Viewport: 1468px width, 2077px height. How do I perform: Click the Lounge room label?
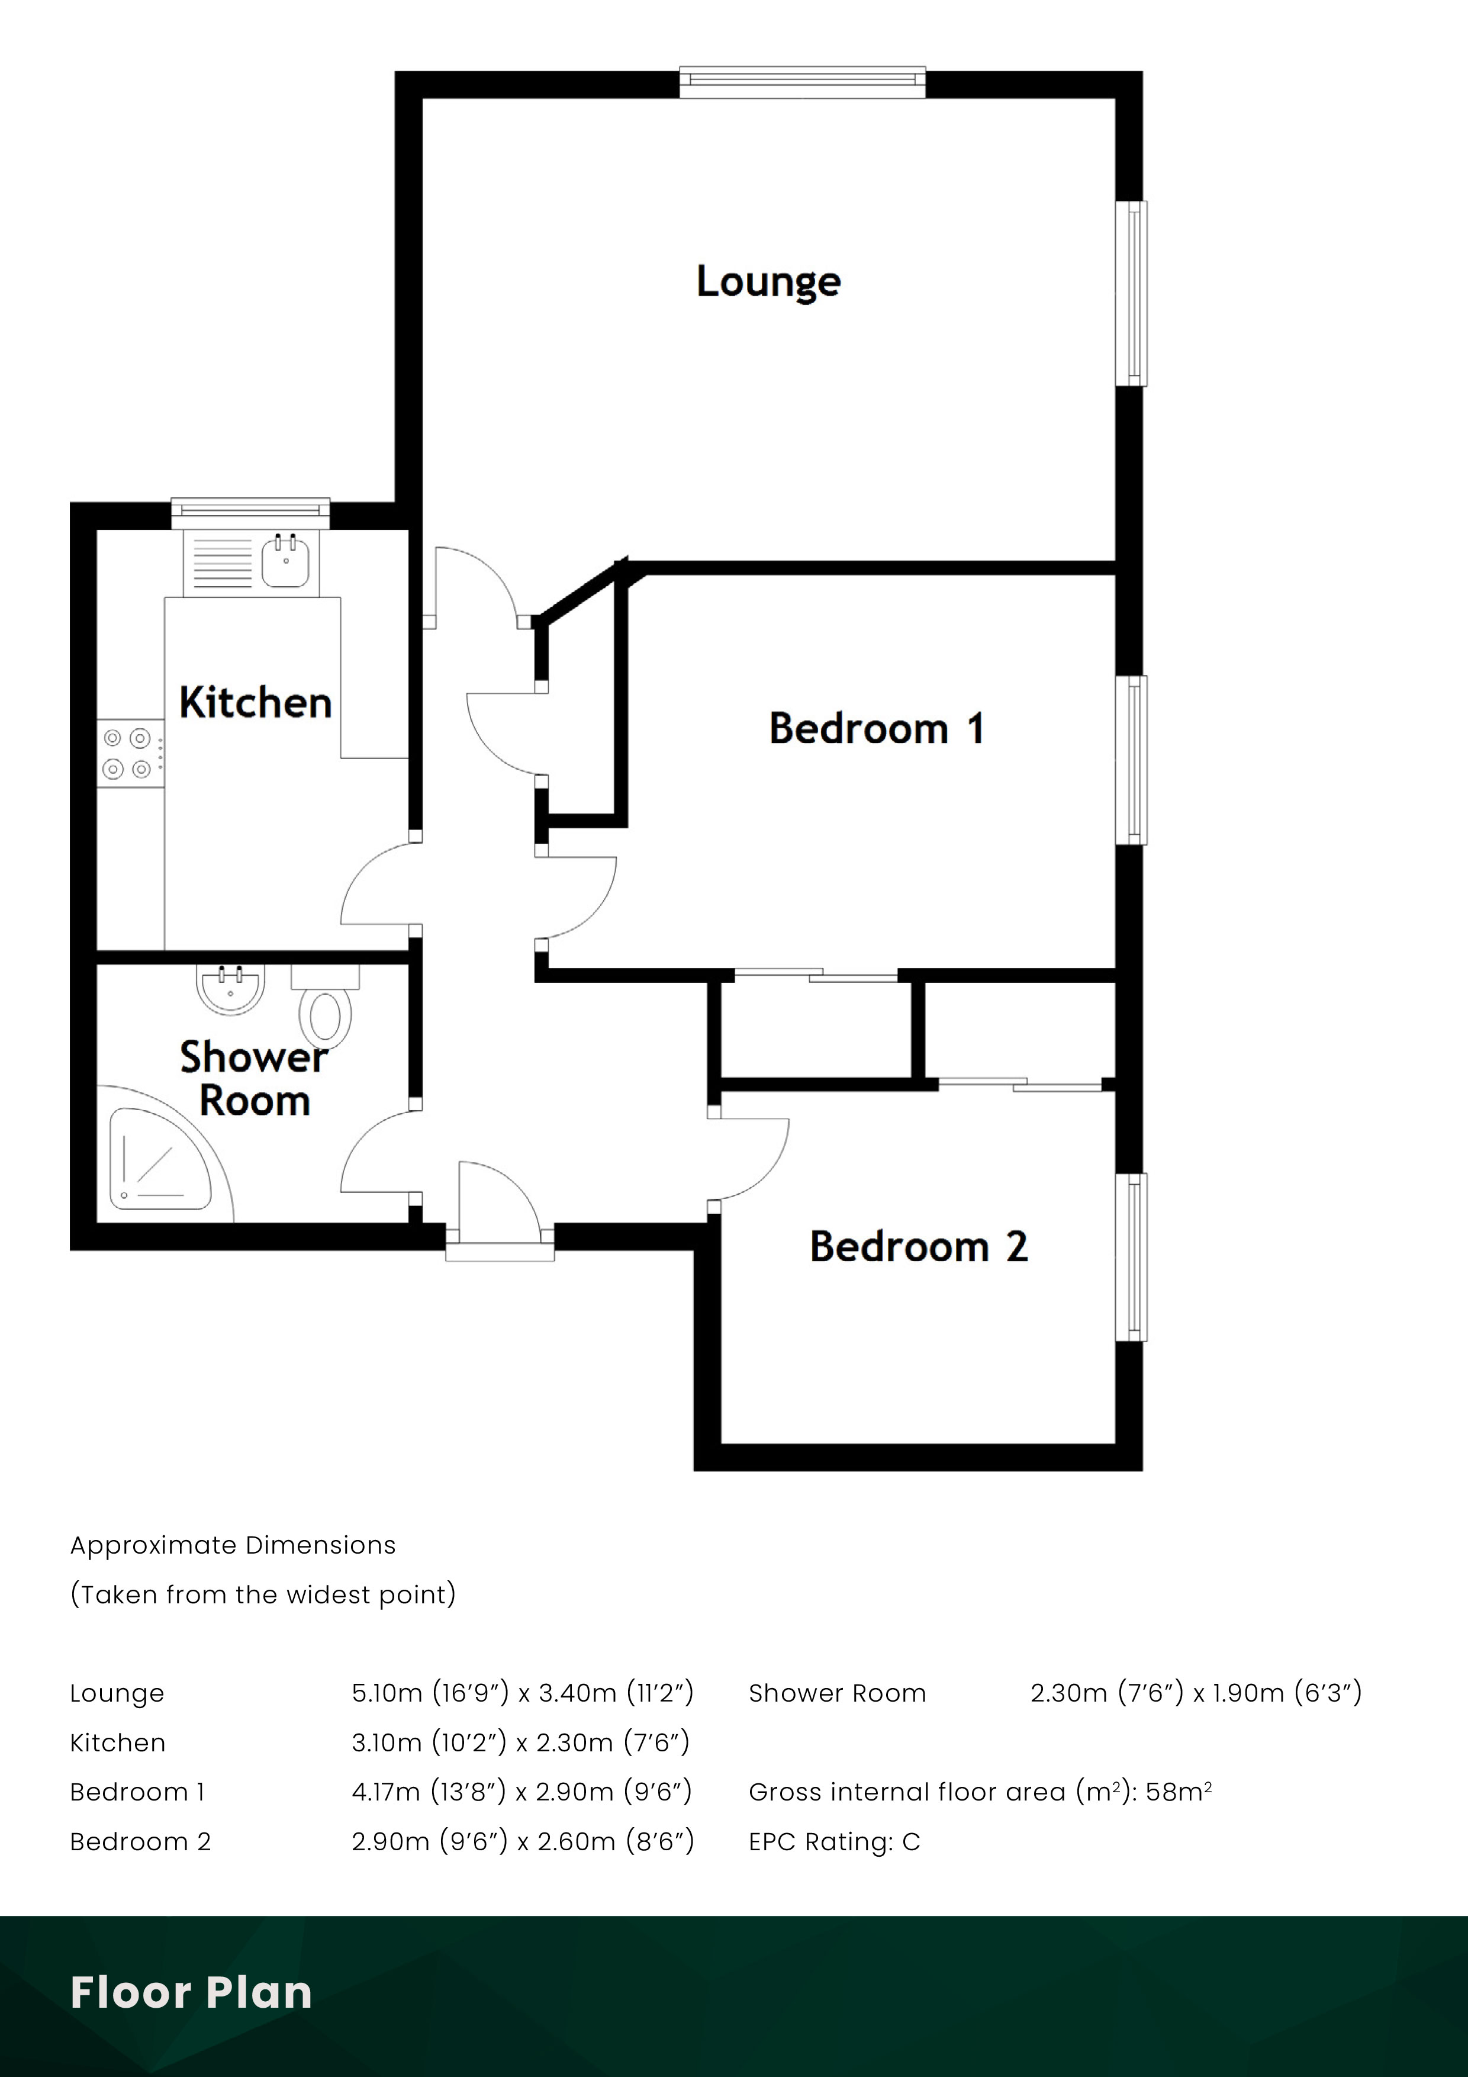pyautogui.click(x=768, y=281)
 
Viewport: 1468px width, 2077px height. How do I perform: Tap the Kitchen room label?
pyautogui.click(x=255, y=703)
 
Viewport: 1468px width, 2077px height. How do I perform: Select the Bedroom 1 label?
pyautogui.click(x=875, y=728)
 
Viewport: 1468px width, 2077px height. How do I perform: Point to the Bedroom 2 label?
pyautogui.click(x=918, y=1246)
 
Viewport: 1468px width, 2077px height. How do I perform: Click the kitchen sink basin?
pyautogui.click(x=286, y=561)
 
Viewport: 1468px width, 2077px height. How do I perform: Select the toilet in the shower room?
pyautogui.click(x=325, y=1014)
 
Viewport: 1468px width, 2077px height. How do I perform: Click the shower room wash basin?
pyautogui.click(x=231, y=989)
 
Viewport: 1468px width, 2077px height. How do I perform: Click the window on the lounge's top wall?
pyautogui.click(x=802, y=82)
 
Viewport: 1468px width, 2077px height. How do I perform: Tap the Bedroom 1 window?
pyautogui.click(x=1132, y=760)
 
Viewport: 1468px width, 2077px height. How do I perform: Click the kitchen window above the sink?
pyautogui.click(x=250, y=512)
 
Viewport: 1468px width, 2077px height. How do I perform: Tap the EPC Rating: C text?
pyautogui.click(x=834, y=1842)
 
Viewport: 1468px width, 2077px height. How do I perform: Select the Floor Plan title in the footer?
pyautogui.click(x=191, y=1992)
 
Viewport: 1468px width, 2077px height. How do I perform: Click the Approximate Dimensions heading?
pyautogui.click(x=233, y=1545)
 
